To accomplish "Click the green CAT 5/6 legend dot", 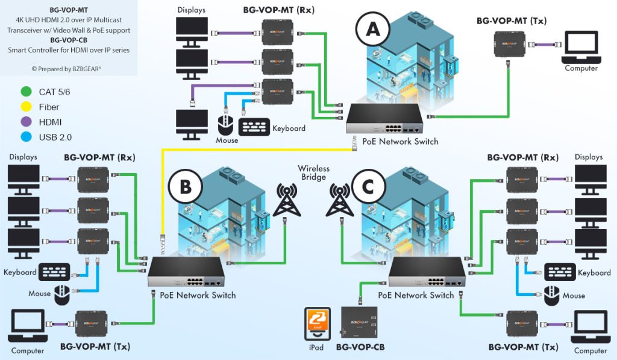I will coord(25,92).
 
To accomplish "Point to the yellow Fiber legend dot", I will coord(25,107).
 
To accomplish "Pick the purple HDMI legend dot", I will coord(25,122).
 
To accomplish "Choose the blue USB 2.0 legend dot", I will coord(25,137).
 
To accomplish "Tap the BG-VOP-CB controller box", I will coord(359,324).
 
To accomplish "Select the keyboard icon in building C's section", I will coord(560,271).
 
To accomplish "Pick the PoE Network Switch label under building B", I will coord(193,295).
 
